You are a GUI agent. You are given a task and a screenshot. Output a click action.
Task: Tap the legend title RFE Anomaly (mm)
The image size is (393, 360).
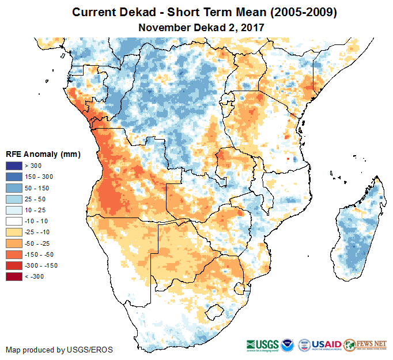43,155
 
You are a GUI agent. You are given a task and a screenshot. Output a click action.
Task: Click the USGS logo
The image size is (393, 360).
263,344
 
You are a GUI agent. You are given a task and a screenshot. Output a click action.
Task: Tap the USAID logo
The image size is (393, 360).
327,343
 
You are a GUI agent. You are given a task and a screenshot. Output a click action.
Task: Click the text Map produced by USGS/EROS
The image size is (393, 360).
59,350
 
